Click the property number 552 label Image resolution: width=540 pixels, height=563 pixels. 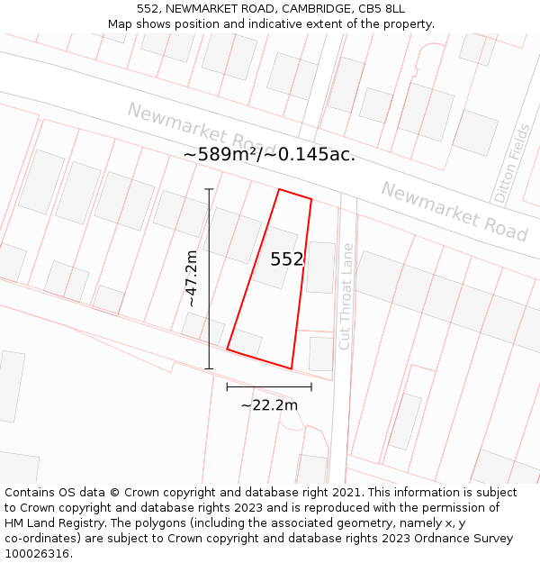(288, 259)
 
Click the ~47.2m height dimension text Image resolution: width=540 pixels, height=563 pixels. (191, 279)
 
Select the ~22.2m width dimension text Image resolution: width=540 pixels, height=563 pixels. (269, 405)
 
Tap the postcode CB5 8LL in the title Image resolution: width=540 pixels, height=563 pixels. (385, 9)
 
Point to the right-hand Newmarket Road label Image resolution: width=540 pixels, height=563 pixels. (454, 212)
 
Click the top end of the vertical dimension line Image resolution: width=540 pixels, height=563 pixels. (209, 189)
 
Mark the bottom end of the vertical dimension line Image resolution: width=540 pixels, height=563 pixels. (209, 368)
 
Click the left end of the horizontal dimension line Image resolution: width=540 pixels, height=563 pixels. (227, 387)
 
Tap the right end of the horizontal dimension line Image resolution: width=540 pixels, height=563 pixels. (311, 387)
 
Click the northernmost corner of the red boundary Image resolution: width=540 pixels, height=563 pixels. (279, 189)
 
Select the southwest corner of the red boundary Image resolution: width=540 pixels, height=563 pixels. (227, 350)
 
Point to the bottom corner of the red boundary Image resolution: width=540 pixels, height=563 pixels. (292, 368)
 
